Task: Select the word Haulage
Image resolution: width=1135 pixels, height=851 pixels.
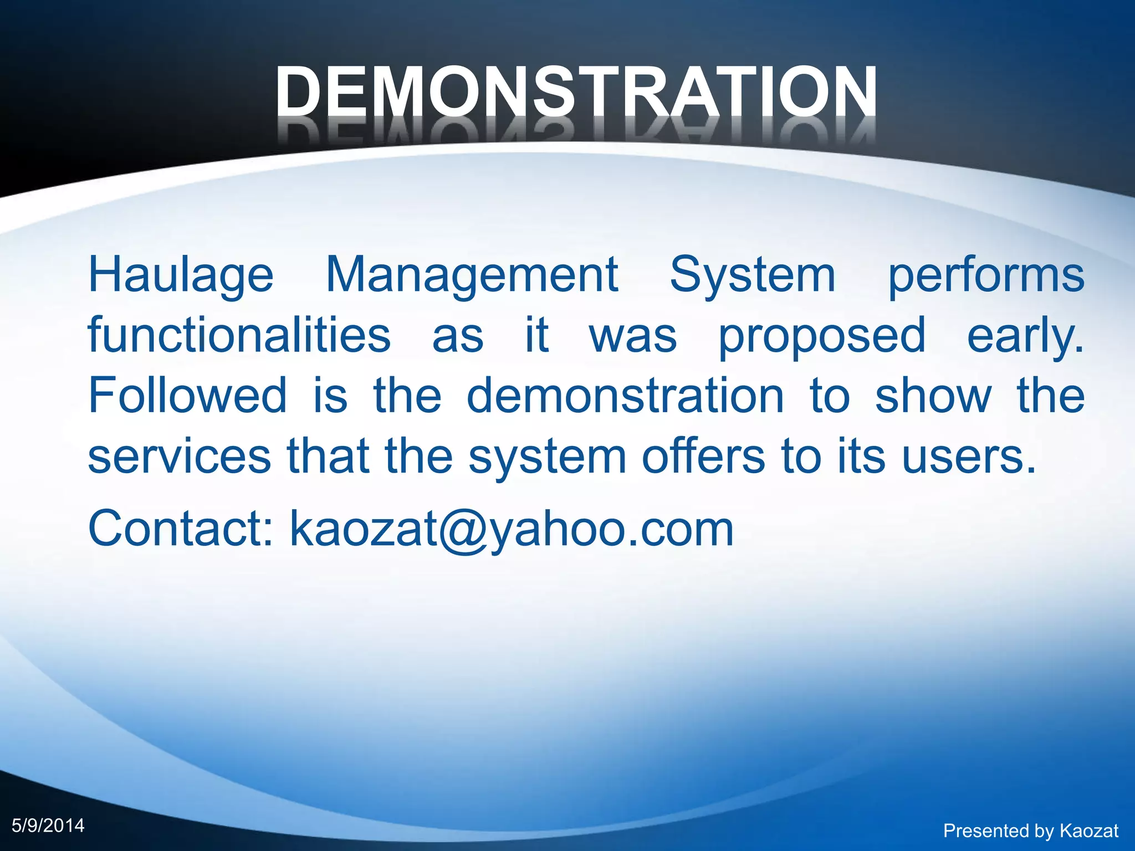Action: tap(181, 275)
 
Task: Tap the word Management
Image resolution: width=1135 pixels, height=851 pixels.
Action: tap(472, 275)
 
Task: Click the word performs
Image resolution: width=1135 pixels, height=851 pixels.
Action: tap(986, 275)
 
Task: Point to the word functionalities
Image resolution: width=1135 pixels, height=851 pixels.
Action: tap(239, 335)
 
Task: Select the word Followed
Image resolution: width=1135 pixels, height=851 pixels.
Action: tap(188, 395)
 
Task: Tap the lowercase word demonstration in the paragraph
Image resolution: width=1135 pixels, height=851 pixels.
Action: tap(625, 395)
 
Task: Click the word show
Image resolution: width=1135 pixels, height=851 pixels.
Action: tap(933, 395)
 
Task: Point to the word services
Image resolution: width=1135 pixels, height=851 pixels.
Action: tap(180, 456)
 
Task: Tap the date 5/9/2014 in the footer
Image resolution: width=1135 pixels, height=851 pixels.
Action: tap(48, 826)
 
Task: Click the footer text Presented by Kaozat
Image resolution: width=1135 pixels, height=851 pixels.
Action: tap(1031, 831)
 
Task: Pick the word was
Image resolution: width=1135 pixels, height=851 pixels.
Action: tap(633, 336)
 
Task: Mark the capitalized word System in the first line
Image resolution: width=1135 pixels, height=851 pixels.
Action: tap(753, 275)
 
